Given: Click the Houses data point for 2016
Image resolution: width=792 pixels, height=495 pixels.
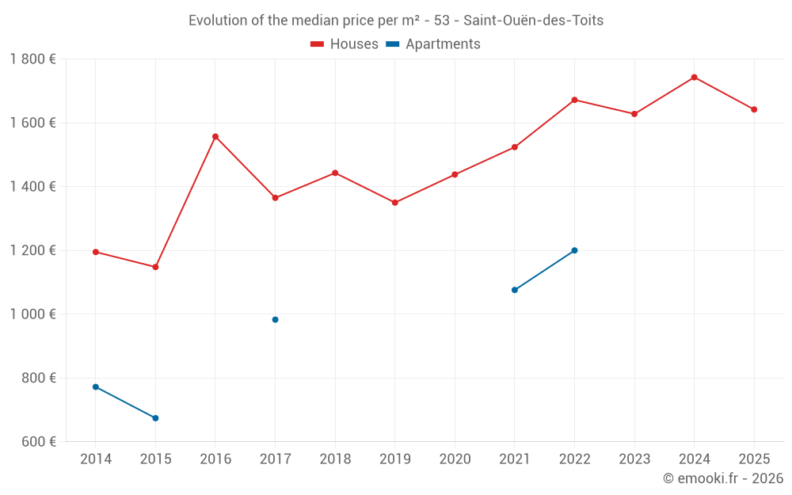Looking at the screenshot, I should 215,136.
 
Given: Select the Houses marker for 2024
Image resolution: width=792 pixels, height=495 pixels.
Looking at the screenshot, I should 694,77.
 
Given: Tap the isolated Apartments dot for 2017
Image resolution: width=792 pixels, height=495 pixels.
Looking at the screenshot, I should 275,319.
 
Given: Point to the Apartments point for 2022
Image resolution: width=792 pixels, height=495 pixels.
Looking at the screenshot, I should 574,250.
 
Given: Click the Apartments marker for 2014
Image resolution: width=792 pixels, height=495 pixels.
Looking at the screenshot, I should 96,386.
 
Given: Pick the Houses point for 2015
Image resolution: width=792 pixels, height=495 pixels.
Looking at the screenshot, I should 155,267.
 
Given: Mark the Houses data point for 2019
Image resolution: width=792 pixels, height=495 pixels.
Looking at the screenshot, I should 395,203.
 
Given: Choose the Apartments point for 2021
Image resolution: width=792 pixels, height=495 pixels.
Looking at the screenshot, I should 515,290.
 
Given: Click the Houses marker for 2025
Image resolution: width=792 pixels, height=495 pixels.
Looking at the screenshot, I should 754,109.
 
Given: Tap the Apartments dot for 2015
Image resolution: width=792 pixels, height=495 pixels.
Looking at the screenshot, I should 155,418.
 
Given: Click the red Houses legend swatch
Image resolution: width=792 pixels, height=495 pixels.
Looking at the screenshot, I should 317,44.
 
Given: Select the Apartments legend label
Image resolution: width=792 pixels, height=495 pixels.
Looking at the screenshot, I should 443,44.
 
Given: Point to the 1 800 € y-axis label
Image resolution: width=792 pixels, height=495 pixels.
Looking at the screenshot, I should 32,59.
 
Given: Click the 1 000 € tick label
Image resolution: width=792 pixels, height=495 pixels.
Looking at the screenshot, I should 32,314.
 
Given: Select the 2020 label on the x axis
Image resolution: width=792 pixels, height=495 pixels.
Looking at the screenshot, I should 455,459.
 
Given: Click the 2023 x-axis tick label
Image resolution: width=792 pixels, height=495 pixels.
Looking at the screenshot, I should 634,459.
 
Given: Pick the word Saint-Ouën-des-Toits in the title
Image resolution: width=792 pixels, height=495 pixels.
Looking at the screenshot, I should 533,21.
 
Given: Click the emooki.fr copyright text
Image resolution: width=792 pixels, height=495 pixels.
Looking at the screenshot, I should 723,478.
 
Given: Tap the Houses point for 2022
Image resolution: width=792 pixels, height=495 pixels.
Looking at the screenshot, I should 574,100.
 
